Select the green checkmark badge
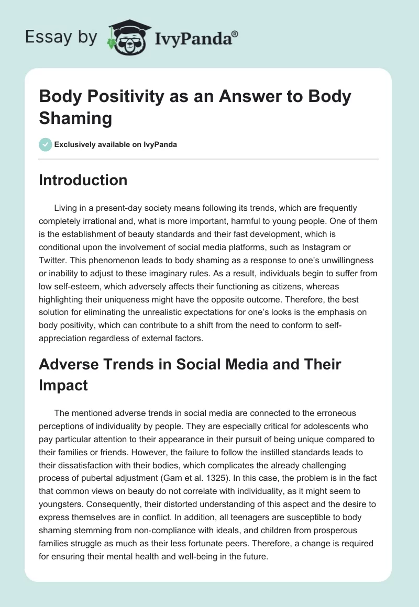(x=46, y=144)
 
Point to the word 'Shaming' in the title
(x=75, y=118)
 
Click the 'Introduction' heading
(x=83, y=180)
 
